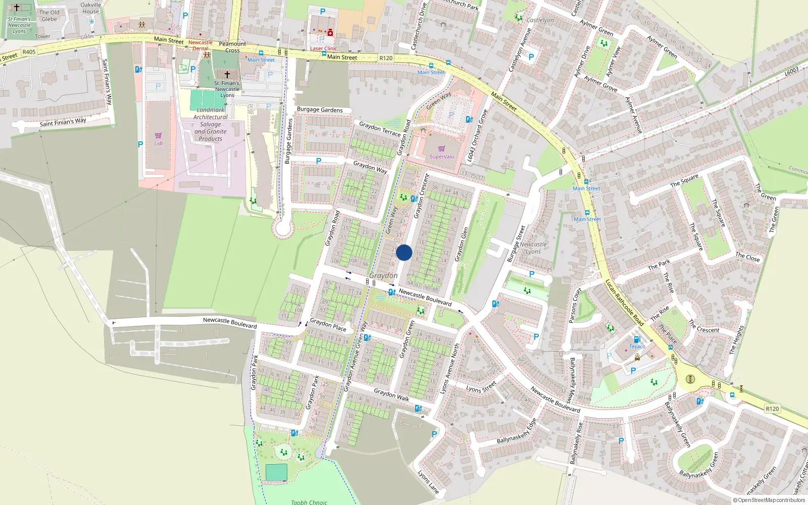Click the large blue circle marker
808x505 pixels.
coord(404,252)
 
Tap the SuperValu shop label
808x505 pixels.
coord(441,157)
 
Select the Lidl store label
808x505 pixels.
coord(159,143)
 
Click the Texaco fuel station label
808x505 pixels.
coord(637,346)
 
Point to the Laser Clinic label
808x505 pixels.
coord(323,48)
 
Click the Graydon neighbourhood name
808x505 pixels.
coord(383,275)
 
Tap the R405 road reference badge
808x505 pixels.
coord(29,52)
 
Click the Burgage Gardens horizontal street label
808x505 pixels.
coord(320,110)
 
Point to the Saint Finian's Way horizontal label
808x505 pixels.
coord(63,122)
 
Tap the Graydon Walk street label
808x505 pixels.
coord(391,395)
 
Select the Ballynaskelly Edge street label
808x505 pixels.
coord(516,432)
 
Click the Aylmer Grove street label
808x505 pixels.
coord(600,84)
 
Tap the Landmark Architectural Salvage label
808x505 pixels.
coord(211,124)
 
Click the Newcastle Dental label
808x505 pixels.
coord(200,45)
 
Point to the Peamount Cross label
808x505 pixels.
coord(232,47)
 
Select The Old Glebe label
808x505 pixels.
coord(49,16)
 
